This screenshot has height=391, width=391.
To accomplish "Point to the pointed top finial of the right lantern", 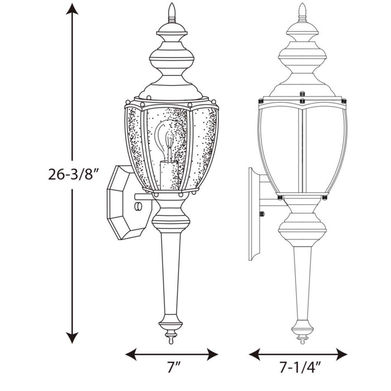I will (303, 11).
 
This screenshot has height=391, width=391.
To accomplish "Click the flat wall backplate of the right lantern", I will (252, 212).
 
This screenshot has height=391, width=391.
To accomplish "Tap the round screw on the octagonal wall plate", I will (139, 207).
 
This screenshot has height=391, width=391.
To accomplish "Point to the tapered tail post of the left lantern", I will (171, 274).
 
